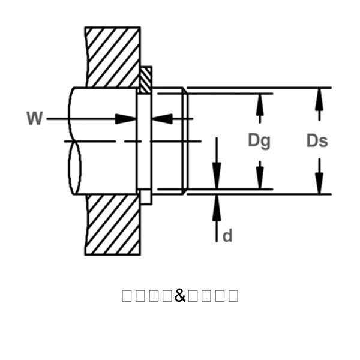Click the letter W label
tap(35, 118)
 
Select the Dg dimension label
tap(259, 140)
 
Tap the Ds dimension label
tap(317, 140)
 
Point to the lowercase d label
tap(227, 236)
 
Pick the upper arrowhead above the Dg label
tap(260, 101)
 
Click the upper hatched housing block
tap(113, 57)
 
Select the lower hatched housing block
tap(113, 224)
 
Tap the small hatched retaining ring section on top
tap(146, 79)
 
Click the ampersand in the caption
tap(180, 295)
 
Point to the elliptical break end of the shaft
tap(75, 168)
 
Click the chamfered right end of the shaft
tap(185, 141)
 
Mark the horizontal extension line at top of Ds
tap(258, 88)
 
